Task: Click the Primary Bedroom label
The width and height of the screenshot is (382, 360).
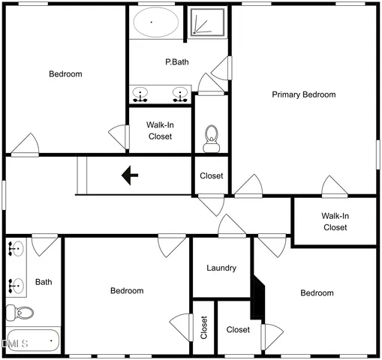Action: (x=303, y=94)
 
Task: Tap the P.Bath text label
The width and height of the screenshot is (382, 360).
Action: (x=177, y=62)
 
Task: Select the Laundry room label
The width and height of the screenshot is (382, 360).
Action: (x=221, y=268)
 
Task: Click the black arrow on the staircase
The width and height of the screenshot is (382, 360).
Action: (x=130, y=175)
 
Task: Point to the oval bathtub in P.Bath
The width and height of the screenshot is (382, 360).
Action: (x=155, y=22)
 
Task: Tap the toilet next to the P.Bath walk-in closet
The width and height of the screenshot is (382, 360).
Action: (x=212, y=136)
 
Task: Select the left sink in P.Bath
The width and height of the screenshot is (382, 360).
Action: (x=140, y=94)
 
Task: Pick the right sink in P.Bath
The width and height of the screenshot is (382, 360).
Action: (x=180, y=94)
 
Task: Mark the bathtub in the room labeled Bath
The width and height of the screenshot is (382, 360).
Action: (x=32, y=340)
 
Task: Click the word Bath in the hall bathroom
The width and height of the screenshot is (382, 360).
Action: (x=44, y=282)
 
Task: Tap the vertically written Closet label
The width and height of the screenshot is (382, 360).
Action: (x=204, y=327)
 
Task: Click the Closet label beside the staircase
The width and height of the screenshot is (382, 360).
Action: (x=212, y=176)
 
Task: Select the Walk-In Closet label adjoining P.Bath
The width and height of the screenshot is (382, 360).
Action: (x=159, y=131)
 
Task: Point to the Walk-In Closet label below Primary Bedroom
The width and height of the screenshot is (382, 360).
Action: (x=335, y=221)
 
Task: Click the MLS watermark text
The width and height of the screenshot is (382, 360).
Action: (x=15, y=343)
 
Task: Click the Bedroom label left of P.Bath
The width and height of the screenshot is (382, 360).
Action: (x=65, y=73)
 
